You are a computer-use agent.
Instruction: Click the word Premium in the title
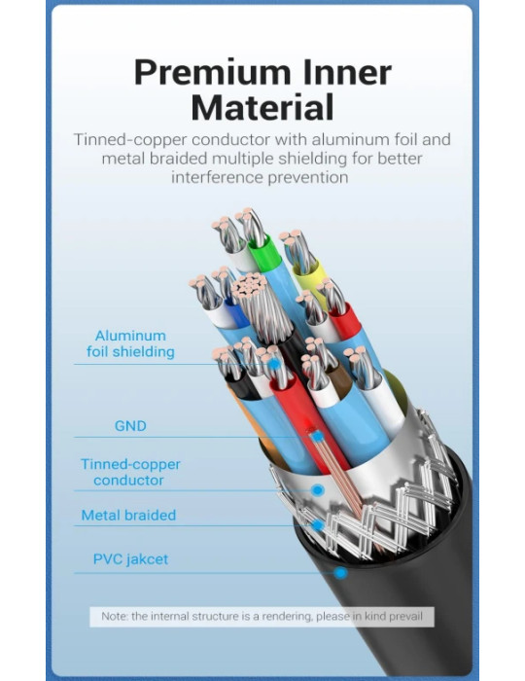(212, 73)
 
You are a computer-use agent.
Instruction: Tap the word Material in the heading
(262, 106)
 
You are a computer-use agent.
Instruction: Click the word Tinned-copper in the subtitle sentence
(130, 140)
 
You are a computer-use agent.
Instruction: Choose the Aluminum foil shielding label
(130, 343)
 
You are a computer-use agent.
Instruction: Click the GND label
(130, 426)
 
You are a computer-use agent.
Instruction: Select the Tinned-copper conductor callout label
(130, 472)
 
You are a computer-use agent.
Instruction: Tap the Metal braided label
(128, 516)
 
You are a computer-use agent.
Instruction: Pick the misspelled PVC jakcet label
(130, 559)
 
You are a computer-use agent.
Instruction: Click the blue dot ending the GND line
(318, 437)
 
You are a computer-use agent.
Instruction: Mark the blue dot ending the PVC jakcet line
(341, 573)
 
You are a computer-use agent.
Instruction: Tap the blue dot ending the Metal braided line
(318, 525)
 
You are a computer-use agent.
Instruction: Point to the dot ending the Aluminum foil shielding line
(274, 364)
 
